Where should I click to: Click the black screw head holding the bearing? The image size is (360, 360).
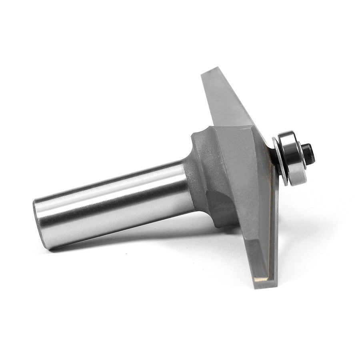pos(309,153)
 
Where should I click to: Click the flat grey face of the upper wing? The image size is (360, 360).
pos(228,100)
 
